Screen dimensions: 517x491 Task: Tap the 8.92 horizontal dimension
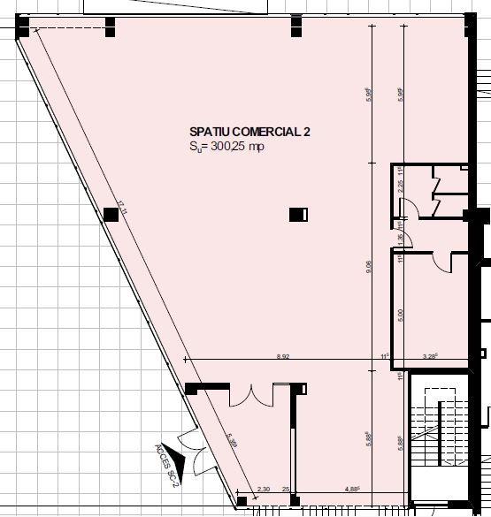[283, 356]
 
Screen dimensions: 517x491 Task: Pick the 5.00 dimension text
[401, 313]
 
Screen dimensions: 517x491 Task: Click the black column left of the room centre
[111, 213]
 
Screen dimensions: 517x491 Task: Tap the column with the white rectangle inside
[299, 214]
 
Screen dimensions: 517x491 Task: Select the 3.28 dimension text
[431, 356]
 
